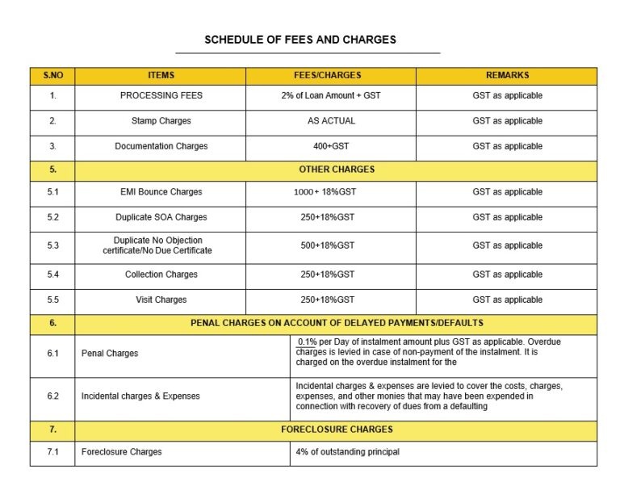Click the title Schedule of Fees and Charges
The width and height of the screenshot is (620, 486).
coord(300,40)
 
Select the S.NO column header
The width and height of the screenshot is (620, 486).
coord(52,75)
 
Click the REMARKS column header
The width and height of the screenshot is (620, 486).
coord(507,75)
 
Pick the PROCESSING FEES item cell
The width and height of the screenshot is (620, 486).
coord(161,95)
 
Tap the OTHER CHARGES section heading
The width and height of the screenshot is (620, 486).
coord(337,170)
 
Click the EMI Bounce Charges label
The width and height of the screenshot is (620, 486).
coord(161,192)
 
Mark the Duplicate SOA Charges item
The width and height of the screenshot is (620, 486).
coord(161,217)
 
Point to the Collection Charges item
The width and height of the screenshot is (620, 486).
coord(161,274)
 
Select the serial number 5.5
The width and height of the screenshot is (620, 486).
coord(52,300)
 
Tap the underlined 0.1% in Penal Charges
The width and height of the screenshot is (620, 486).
coord(307,342)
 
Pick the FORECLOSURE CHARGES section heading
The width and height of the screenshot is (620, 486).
coord(337,429)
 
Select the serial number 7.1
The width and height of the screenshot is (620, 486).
coord(52,452)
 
